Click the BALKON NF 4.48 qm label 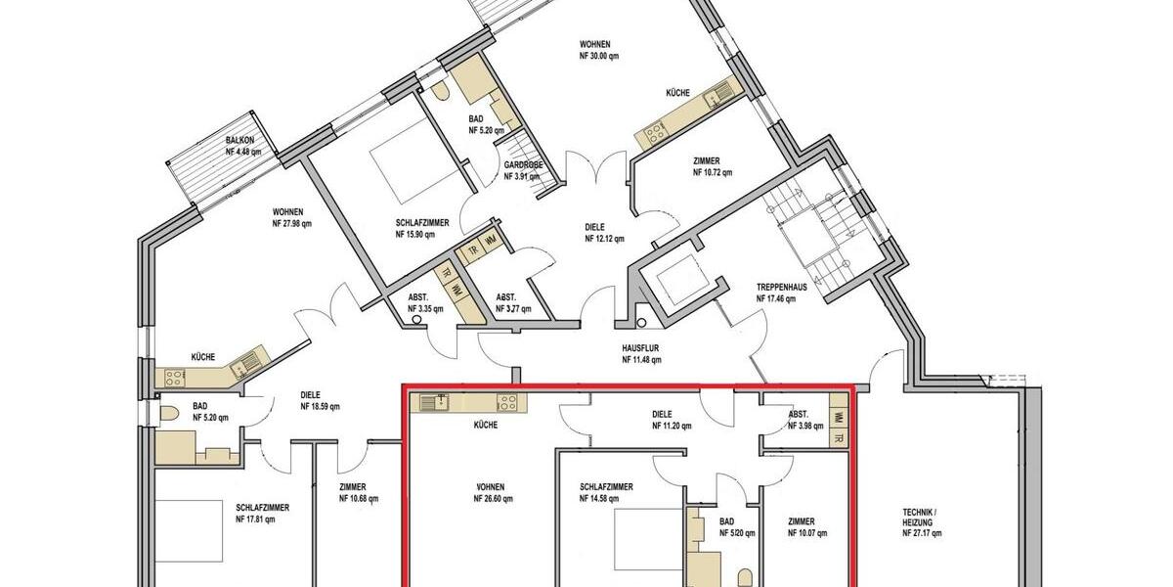pyautogui.click(x=243, y=147)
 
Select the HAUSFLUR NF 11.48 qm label pyautogui.click(x=641, y=353)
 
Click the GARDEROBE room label pyautogui.click(x=523, y=171)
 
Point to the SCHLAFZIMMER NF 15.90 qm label pyautogui.click(x=422, y=229)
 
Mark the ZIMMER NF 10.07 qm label pyautogui.click(x=807, y=527)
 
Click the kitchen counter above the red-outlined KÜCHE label pyautogui.click(x=468, y=401)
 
